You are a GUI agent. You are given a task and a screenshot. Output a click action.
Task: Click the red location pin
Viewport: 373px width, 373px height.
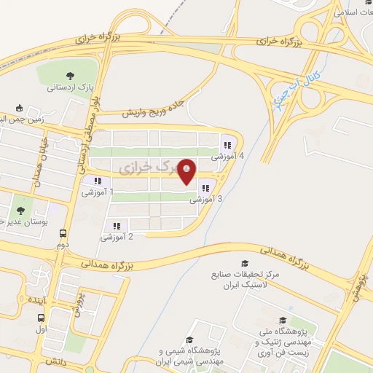click(x=187, y=171)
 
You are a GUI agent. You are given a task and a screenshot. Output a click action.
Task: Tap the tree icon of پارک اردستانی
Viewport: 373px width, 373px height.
click(x=70, y=75)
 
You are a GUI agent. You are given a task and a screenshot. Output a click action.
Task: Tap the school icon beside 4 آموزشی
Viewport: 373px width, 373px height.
click(x=227, y=145)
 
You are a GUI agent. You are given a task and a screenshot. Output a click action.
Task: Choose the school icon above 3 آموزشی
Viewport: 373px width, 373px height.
click(x=204, y=187)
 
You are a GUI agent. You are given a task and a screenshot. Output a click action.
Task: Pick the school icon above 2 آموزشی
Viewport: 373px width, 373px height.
click(x=116, y=225)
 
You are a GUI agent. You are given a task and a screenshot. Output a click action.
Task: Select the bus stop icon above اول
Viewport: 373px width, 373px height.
click(x=41, y=318)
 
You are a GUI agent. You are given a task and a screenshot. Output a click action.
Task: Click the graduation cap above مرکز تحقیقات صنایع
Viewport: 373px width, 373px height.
click(x=243, y=263)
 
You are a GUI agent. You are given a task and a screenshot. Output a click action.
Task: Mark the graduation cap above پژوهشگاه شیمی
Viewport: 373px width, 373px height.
click(x=189, y=339)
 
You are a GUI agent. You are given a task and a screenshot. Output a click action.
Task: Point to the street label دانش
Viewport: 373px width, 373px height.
click(x=55, y=361)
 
